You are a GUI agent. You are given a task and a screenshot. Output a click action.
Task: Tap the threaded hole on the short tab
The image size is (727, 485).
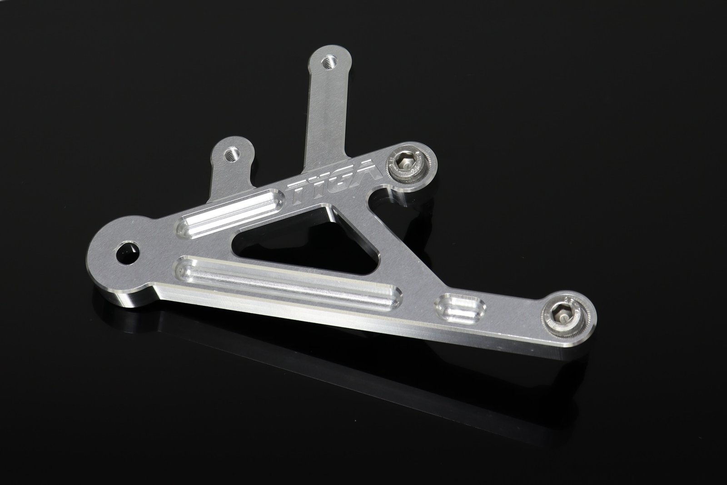point(232,152)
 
